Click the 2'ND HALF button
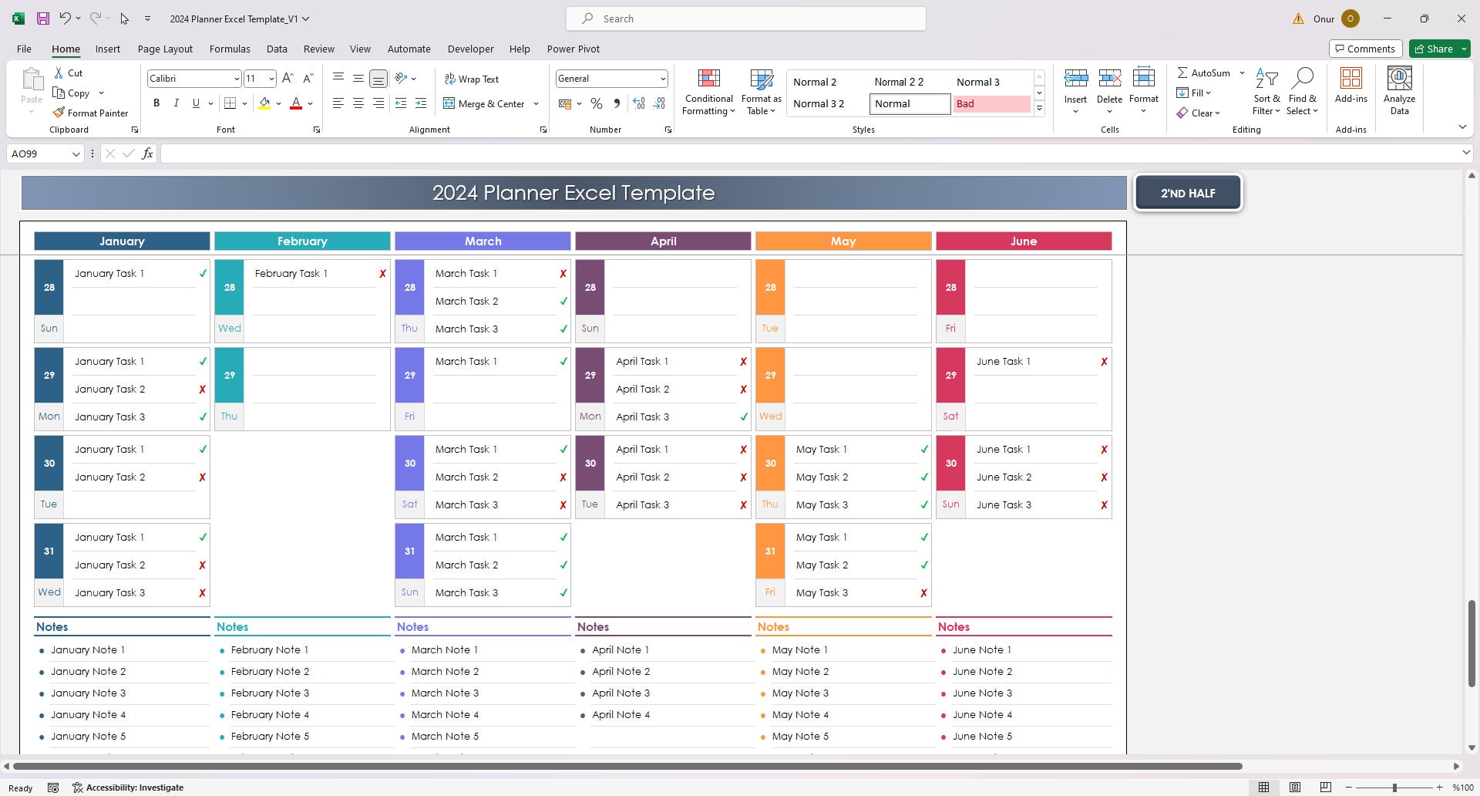[x=1187, y=193]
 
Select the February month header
[x=302, y=241]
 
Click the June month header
[x=1023, y=241]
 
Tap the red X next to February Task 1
[x=382, y=274]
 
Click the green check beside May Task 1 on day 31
[x=923, y=538]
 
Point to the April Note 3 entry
[x=621, y=693]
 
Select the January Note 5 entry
[x=88, y=737]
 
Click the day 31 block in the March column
[x=409, y=551]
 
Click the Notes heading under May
[x=773, y=627]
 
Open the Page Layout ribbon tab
[x=165, y=49]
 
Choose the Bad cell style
[x=991, y=103]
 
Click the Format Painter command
[x=90, y=113]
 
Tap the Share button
[x=1438, y=49]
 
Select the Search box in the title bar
[x=745, y=19]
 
